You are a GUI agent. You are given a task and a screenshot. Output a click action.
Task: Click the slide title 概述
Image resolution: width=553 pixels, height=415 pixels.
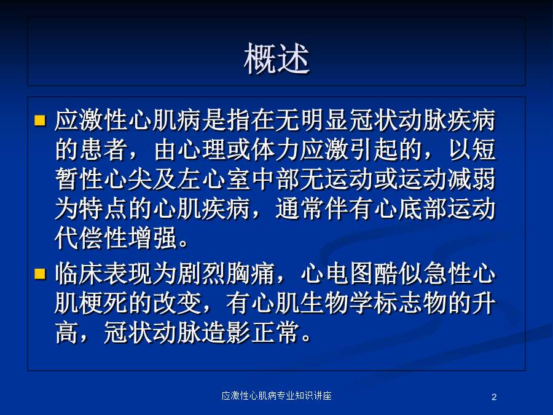pyautogui.click(x=276, y=58)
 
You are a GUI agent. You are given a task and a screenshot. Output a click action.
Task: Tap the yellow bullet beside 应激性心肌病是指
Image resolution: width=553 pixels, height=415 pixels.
pyautogui.click(x=40, y=121)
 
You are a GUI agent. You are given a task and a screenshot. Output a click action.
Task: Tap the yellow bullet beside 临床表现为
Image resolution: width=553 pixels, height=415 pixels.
pyautogui.click(x=40, y=274)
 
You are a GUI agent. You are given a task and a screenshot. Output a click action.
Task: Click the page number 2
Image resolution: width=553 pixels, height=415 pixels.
pyautogui.click(x=494, y=397)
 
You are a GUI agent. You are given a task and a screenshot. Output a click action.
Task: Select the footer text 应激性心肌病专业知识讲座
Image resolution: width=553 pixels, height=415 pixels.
pyautogui.click(x=276, y=395)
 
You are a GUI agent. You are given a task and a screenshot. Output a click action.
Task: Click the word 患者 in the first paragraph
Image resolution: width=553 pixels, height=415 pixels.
pyautogui.click(x=104, y=149)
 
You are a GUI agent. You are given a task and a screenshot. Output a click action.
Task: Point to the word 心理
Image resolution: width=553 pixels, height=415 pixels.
pyautogui.click(x=202, y=149)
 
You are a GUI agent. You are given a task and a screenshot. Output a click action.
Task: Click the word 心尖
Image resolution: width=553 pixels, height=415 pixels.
pyautogui.click(x=129, y=179)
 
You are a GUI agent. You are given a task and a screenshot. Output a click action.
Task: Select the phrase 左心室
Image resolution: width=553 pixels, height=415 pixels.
pyautogui.click(x=215, y=179)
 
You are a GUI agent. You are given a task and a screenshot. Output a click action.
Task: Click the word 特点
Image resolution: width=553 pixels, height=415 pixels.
pyautogui.click(x=104, y=208)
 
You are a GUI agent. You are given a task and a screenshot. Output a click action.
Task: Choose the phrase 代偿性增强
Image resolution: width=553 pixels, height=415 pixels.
pyautogui.click(x=116, y=238)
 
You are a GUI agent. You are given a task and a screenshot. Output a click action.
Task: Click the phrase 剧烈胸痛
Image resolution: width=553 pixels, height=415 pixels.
pyautogui.click(x=227, y=274)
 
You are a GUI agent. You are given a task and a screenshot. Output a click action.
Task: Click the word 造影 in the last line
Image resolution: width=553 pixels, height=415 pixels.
pyautogui.click(x=227, y=333)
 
